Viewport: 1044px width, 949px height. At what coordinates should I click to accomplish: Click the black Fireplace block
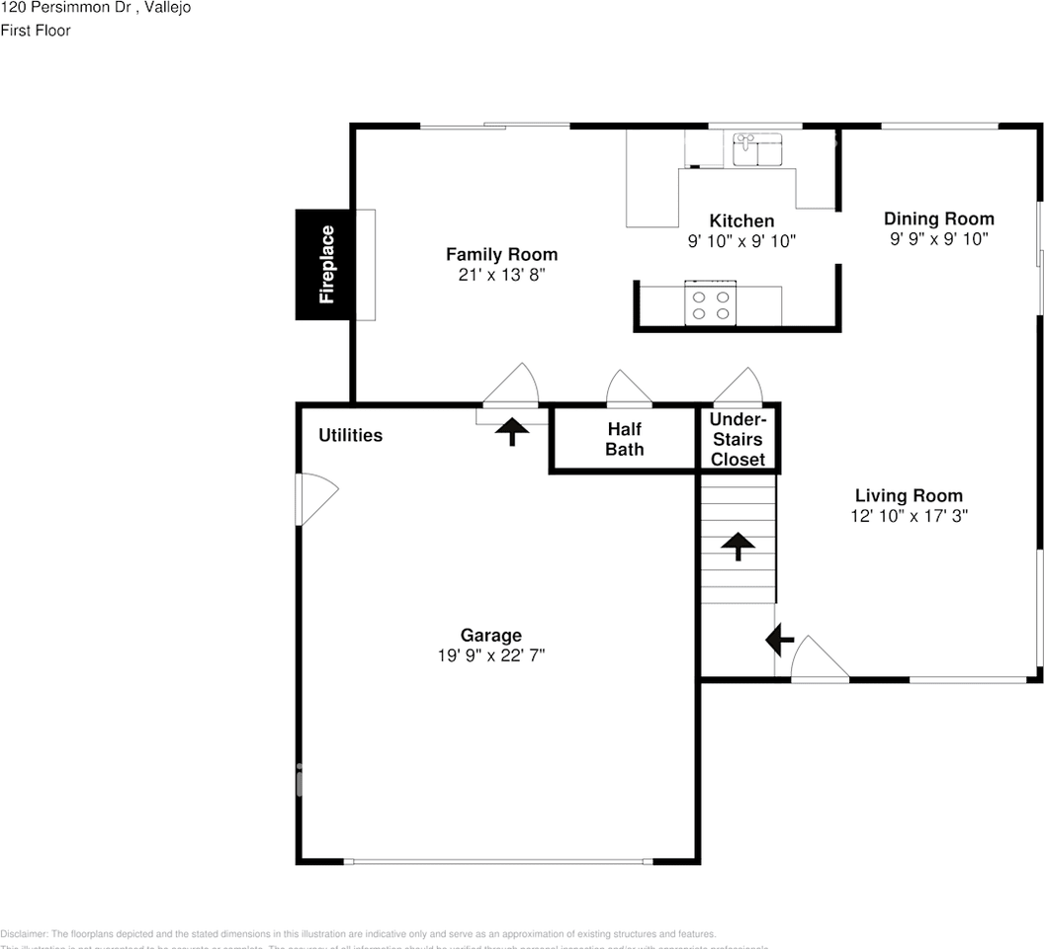click(324, 265)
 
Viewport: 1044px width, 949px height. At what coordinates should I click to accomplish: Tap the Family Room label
click(501, 255)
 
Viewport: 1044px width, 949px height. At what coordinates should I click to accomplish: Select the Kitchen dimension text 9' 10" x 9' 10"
click(741, 241)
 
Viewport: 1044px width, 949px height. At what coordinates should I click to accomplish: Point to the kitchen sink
click(756, 151)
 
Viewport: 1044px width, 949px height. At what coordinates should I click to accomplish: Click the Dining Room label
click(938, 218)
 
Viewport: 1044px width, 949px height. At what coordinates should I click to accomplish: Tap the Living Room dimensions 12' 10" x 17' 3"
click(909, 516)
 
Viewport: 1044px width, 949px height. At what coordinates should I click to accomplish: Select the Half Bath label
click(625, 439)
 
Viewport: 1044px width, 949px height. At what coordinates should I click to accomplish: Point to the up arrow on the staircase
click(737, 546)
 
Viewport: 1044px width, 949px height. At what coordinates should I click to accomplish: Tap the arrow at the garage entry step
click(511, 431)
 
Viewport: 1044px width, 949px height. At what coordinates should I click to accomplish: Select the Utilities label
click(350, 435)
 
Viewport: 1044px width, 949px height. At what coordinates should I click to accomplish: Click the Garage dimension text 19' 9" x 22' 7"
click(491, 655)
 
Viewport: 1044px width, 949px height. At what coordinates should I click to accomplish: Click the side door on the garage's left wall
click(314, 499)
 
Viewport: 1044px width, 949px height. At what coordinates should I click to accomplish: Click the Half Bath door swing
click(629, 388)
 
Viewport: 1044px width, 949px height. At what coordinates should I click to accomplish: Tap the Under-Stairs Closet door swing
click(739, 388)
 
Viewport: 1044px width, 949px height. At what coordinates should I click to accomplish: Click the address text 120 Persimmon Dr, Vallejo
click(96, 8)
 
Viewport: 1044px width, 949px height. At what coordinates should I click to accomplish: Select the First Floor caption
click(36, 31)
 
